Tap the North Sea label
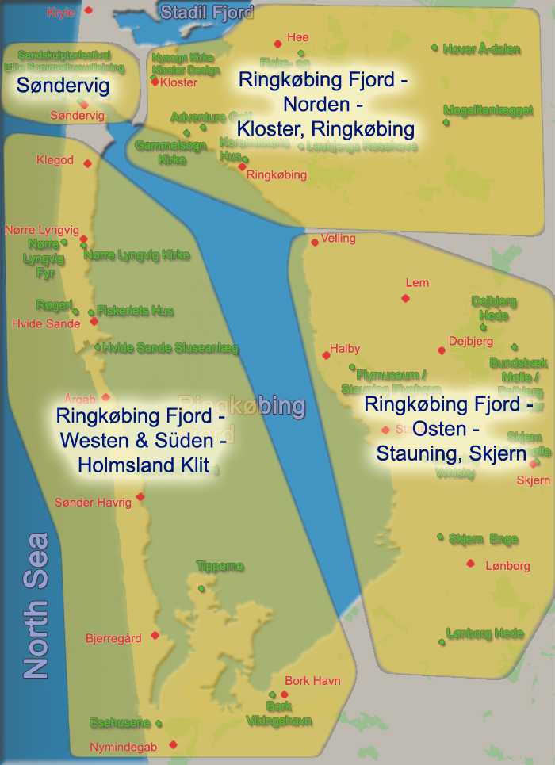point(36,606)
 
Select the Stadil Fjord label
point(206,12)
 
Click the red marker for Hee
point(277,44)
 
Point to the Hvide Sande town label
point(46,323)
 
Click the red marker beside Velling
point(315,242)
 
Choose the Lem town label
point(417,283)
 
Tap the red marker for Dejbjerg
point(442,350)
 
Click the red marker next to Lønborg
point(470,564)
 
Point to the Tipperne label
point(220,566)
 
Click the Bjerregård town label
point(113,638)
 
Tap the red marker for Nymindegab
point(173,744)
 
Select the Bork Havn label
point(312,681)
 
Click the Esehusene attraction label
point(120,723)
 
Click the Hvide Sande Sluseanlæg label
point(170,348)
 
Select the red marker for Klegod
point(87,163)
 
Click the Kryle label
point(61,13)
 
